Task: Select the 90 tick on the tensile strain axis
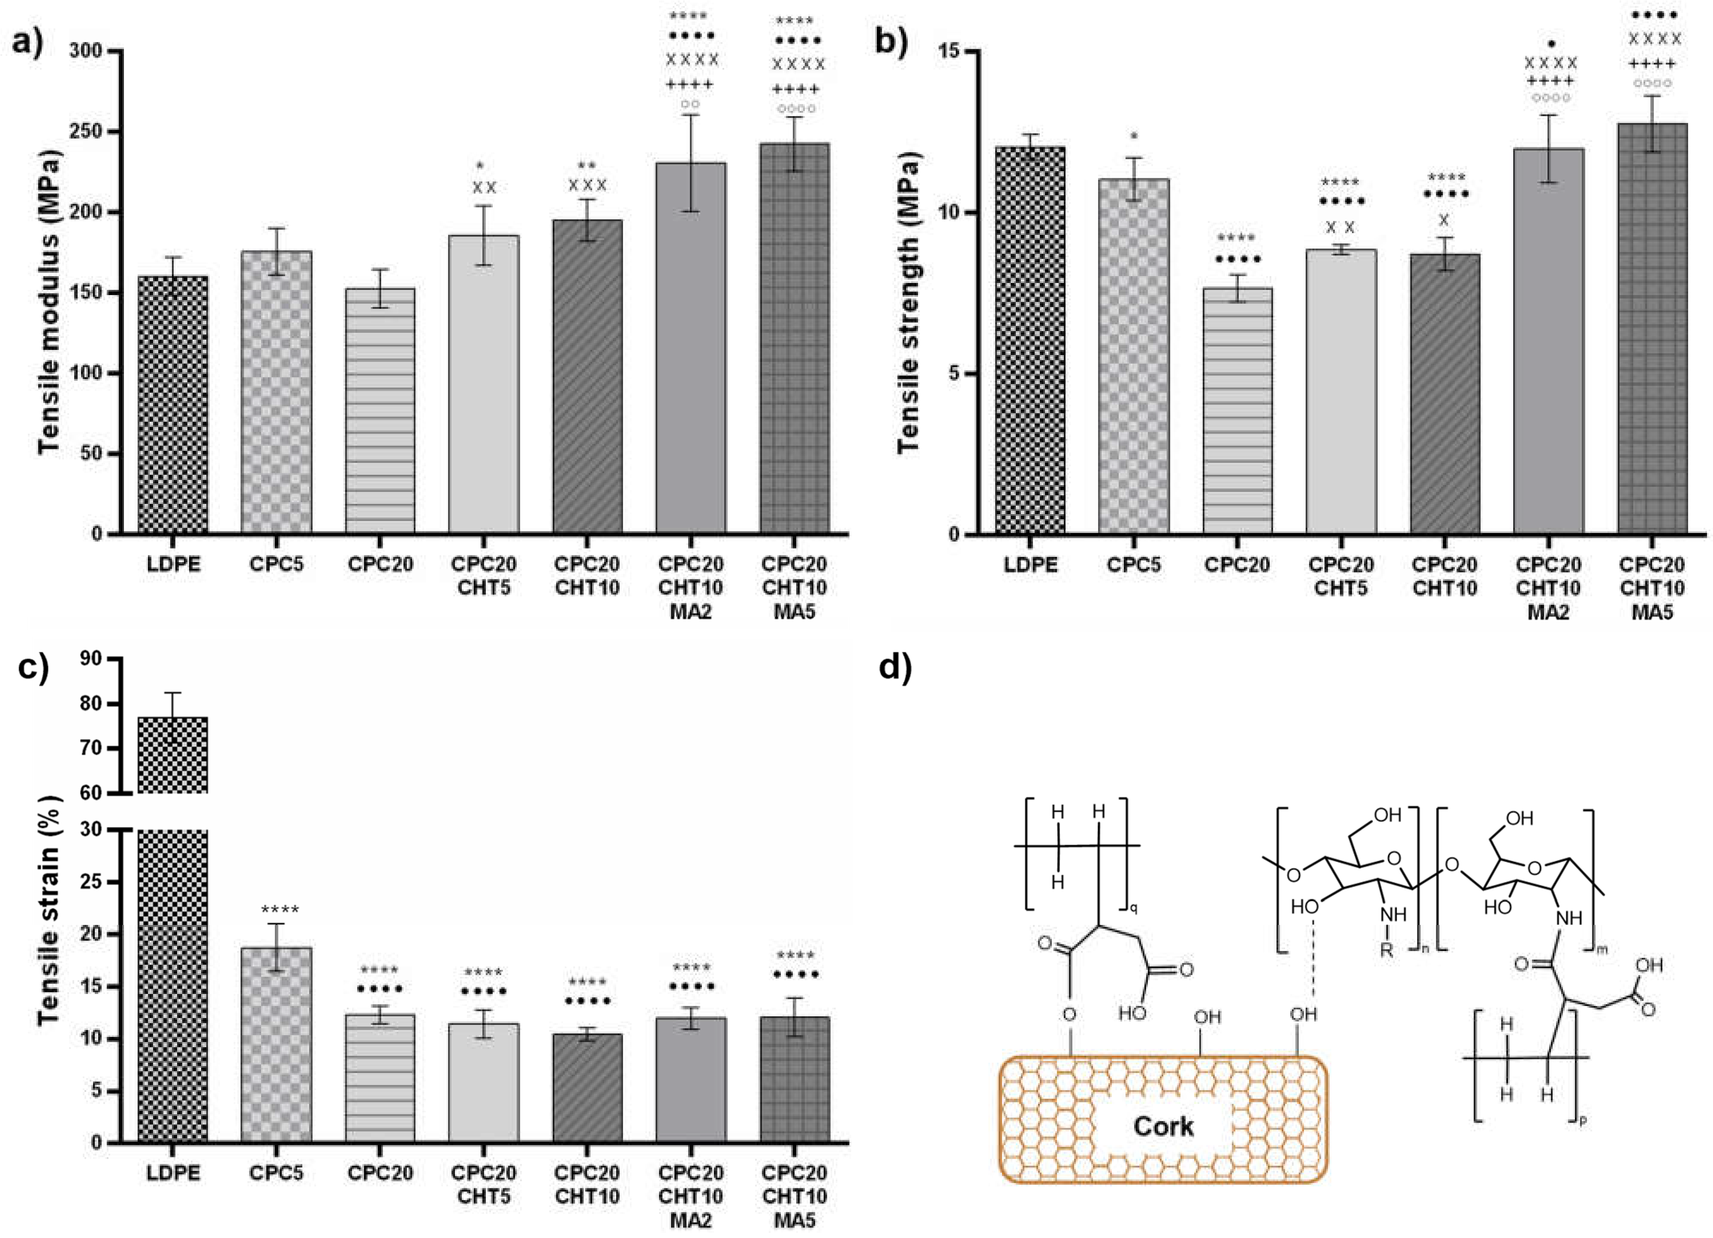pos(90,659)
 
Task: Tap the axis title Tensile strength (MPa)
pos(909,302)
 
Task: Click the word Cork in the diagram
pos(1163,1126)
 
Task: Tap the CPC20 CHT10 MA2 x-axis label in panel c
pos(690,1196)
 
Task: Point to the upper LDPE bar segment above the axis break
pos(173,755)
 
